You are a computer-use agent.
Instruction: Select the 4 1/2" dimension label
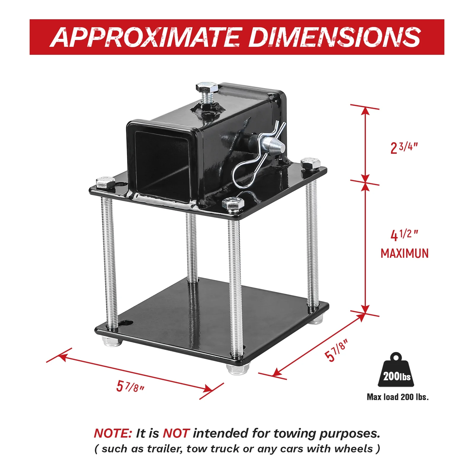(404, 235)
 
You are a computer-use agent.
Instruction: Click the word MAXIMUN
(405, 254)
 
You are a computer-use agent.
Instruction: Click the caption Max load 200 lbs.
(398, 397)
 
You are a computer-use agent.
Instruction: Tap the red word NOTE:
(113, 433)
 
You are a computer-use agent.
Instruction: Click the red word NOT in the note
(176, 433)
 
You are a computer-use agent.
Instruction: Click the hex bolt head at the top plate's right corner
(311, 164)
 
